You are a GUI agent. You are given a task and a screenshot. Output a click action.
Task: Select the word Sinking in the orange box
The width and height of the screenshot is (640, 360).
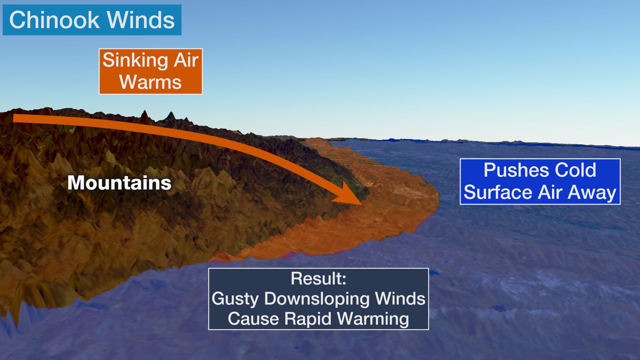click(x=135, y=61)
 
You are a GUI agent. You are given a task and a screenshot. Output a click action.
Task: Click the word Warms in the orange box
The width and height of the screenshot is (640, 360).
click(x=150, y=82)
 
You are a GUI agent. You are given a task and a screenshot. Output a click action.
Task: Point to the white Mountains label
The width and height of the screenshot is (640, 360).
click(x=119, y=183)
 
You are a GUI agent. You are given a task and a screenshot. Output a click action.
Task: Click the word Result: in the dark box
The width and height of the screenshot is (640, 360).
click(x=318, y=279)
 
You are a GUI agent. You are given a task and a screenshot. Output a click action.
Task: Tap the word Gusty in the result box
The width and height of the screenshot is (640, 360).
click(x=235, y=299)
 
